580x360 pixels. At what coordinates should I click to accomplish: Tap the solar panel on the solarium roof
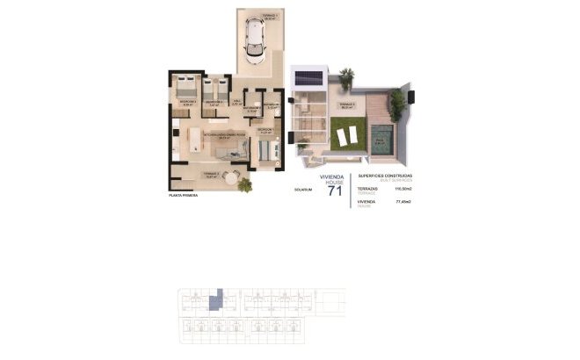click(308, 77)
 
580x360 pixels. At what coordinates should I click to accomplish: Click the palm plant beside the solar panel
click(344, 75)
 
